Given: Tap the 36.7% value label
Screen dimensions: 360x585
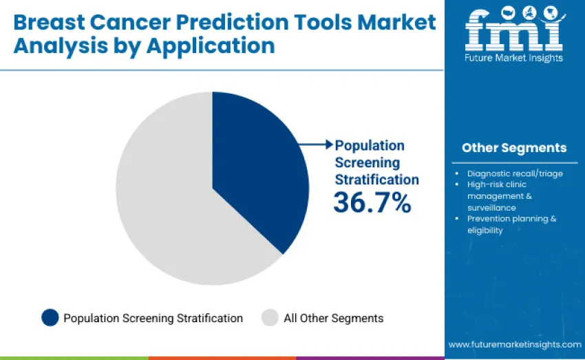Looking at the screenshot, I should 372,202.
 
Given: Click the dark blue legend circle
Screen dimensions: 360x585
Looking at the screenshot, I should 50,317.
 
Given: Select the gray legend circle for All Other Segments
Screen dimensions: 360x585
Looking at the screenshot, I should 270,317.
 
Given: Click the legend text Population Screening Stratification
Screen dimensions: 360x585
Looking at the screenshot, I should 153,318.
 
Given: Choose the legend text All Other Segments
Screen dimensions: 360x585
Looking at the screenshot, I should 333,318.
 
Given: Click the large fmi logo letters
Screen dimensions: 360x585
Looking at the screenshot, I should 513,30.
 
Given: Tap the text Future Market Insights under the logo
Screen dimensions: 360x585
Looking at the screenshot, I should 514,58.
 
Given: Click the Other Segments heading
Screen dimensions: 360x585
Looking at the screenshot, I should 514,148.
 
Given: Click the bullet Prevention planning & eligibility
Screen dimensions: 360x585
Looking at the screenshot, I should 511,224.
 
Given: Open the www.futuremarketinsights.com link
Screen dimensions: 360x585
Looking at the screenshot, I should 515,344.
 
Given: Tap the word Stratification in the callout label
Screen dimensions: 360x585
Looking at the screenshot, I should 376,180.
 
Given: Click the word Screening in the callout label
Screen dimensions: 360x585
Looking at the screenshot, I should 367,162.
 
